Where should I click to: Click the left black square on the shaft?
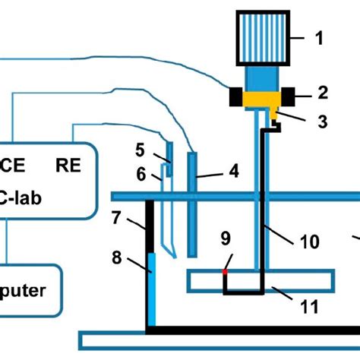coord(234,96)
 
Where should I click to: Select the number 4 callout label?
coord(234,172)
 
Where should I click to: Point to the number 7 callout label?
coord(116,219)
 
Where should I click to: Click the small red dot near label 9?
coord(224,270)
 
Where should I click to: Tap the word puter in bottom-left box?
coord(23,290)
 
